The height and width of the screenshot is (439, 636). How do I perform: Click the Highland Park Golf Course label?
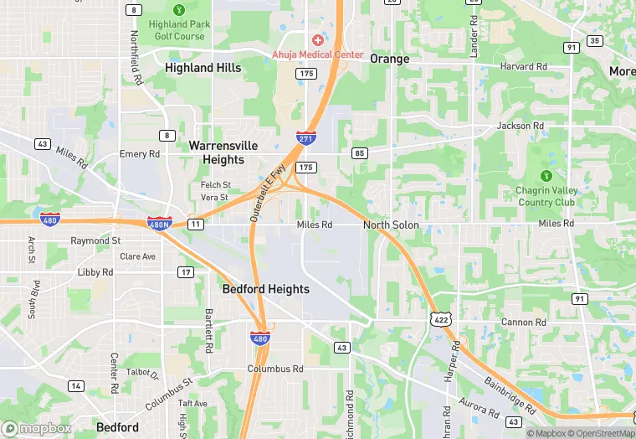tap(177, 30)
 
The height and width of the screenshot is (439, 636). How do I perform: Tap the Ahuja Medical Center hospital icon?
tap(318, 40)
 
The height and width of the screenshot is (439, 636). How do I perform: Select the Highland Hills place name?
tap(203, 68)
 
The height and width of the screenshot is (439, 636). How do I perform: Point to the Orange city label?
tap(389, 59)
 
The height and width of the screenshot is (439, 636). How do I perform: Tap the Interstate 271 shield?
tap(305, 137)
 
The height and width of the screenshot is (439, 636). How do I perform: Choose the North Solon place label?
tap(391, 225)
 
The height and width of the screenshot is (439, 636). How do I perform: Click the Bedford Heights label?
tap(265, 289)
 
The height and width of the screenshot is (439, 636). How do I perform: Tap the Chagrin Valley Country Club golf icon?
tap(546, 176)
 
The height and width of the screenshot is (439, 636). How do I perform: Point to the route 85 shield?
tap(360, 153)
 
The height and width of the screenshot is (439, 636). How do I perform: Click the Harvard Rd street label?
tap(524, 66)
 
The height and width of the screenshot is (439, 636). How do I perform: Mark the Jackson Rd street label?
tap(521, 126)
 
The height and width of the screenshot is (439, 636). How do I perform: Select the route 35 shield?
tap(595, 40)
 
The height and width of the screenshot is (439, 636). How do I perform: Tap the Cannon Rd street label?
tap(523, 323)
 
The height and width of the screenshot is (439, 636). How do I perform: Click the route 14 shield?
tap(76, 385)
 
